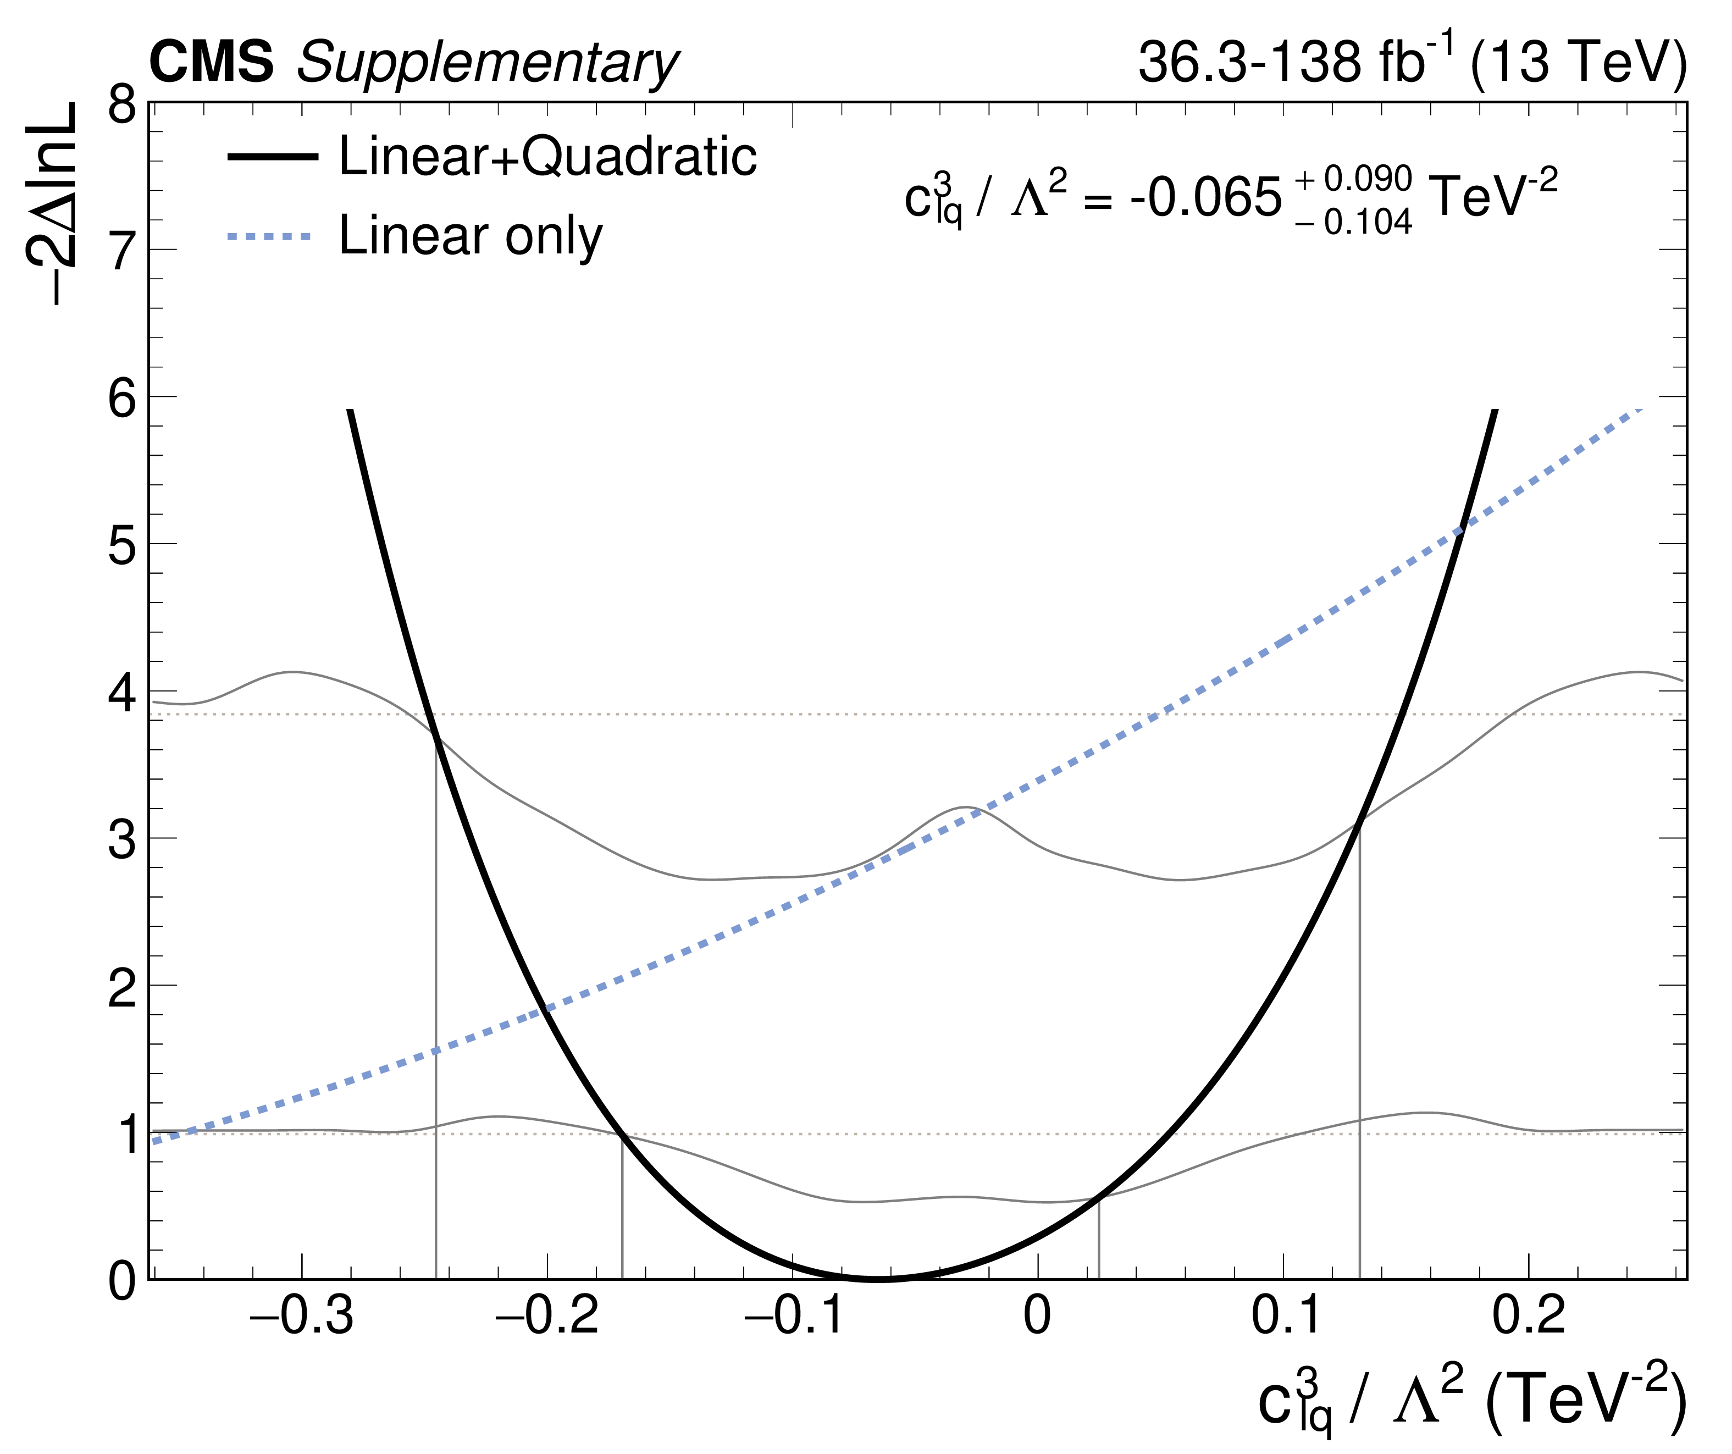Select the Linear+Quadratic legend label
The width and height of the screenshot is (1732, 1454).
coord(547,156)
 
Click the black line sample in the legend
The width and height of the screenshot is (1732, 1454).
coord(272,157)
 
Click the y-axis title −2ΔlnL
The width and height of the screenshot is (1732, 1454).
coord(51,204)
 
